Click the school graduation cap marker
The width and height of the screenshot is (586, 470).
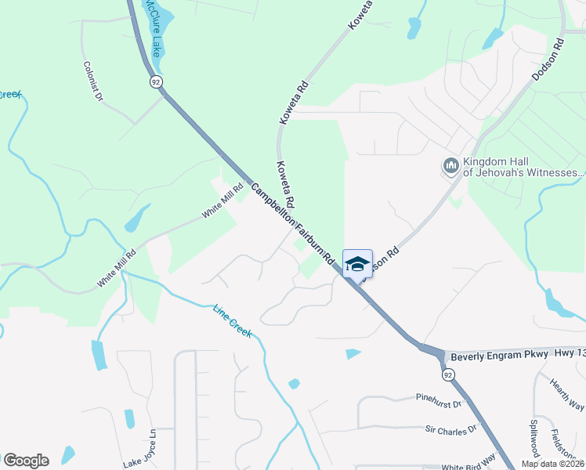[357, 264]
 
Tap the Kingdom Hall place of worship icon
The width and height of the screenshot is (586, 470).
[450, 165]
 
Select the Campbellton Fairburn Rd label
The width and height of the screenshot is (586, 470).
[294, 222]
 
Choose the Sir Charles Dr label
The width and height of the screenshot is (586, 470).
[450, 429]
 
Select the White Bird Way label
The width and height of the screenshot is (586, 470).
[468, 465]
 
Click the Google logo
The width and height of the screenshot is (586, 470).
[26, 461]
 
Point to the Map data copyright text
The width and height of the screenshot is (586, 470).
[553, 464]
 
